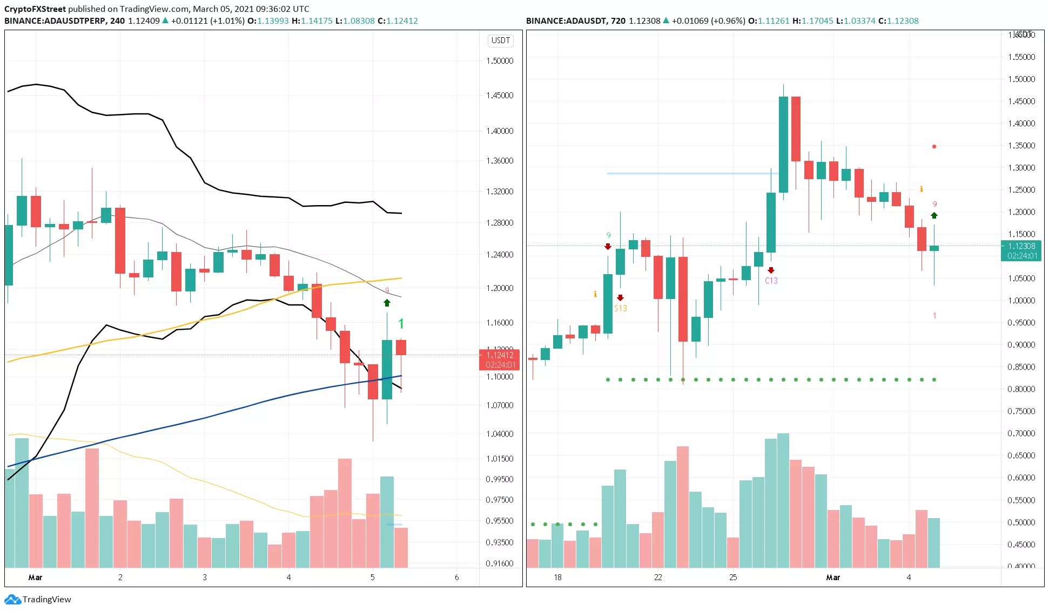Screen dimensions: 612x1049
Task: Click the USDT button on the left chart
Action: pyautogui.click(x=500, y=40)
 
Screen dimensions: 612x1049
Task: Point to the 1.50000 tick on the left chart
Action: pyautogui.click(x=500, y=61)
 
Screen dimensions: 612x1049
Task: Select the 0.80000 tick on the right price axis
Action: pyautogui.click(x=1021, y=389)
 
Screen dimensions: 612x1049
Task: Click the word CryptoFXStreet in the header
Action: pyautogui.click(x=35, y=9)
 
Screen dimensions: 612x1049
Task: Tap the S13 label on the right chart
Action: pyautogui.click(x=621, y=308)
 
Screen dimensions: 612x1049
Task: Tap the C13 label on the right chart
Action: pyautogui.click(x=771, y=281)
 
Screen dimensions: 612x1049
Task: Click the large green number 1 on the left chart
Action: pyautogui.click(x=401, y=324)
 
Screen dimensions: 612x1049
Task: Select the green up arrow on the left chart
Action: pyautogui.click(x=387, y=303)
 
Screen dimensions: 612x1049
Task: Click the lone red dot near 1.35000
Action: pyautogui.click(x=934, y=146)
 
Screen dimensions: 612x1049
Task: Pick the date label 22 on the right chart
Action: pyautogui.click(x=657, y=577)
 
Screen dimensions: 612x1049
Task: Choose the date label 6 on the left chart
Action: pyautogui.click(x=456, y=577)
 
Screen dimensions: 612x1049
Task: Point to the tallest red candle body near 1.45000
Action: pyautogui.click(x=796, y=128)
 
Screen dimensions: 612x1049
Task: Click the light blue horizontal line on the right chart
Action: pyautogui.click(x=691, y=173)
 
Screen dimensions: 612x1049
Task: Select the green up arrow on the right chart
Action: pyautogui.click(x=934, y=215)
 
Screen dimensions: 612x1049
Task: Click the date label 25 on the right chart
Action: pyautogui.click(x=732, y=577)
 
